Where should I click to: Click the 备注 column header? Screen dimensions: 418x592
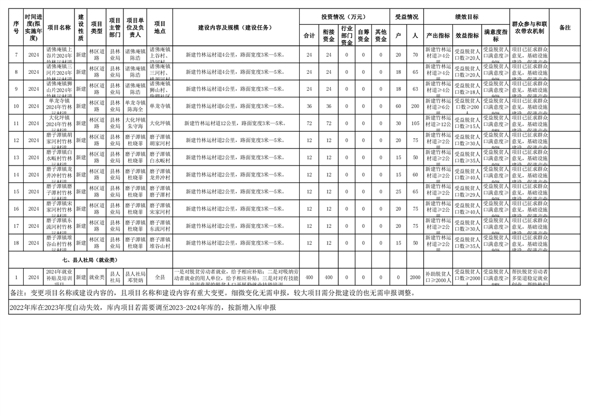pos(565,27)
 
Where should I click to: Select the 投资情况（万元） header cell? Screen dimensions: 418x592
pos(343,17)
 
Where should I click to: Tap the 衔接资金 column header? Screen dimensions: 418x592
pos(329,35)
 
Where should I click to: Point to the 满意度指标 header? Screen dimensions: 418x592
pos(495,35)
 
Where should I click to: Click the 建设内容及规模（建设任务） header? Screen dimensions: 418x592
pos(235,27)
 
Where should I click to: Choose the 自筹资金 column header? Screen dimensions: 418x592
pos(364,35)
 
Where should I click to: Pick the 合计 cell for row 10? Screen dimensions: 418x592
pos(309,106)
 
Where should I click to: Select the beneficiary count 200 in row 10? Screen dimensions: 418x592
pos(415,106)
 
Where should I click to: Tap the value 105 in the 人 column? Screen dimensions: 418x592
pos(415,123)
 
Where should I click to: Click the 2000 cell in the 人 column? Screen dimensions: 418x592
pos(415,277)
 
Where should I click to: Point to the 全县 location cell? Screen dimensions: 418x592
pos(160,277)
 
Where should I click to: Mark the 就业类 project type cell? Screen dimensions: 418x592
pos(97,277)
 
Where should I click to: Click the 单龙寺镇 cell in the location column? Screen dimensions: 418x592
pos(160,106)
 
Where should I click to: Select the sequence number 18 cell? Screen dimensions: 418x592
pos(16,243)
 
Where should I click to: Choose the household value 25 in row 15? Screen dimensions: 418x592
pos(398,192)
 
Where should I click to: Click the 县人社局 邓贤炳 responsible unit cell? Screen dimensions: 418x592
pos(135,277)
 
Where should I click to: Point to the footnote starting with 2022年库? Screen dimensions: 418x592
pos(143,307)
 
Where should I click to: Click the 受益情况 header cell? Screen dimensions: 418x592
pos(406,17)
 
